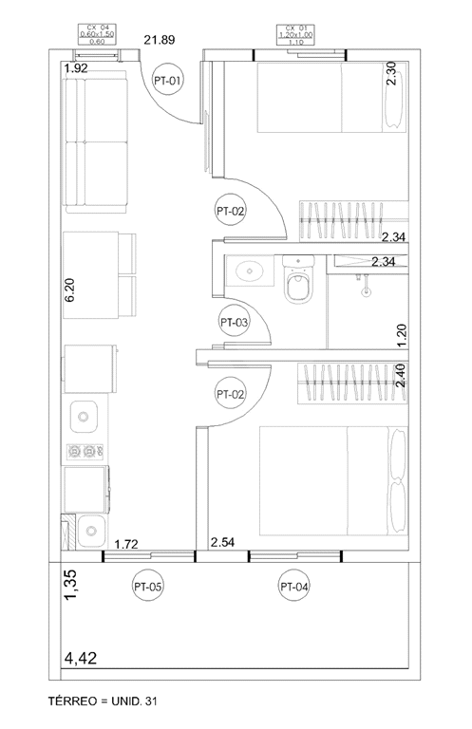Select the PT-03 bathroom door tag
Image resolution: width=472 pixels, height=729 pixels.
[x=234, y=323]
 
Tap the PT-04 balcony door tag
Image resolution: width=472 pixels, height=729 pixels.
[x=294, y=588]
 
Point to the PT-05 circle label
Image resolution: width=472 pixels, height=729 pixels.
[x=149, y=588]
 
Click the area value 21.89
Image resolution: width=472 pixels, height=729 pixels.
[x=161, y=40]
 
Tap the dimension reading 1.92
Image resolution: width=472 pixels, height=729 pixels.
[x=76, y=69]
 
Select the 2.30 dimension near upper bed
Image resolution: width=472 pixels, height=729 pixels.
[x=391, y=73]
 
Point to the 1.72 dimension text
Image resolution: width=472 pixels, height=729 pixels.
[x=128, y=544]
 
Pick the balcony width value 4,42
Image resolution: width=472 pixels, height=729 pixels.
[x=81, y=657]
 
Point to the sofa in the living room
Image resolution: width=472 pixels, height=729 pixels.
[x=94, y=141]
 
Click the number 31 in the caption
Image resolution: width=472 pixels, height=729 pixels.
[x=149, y=701]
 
